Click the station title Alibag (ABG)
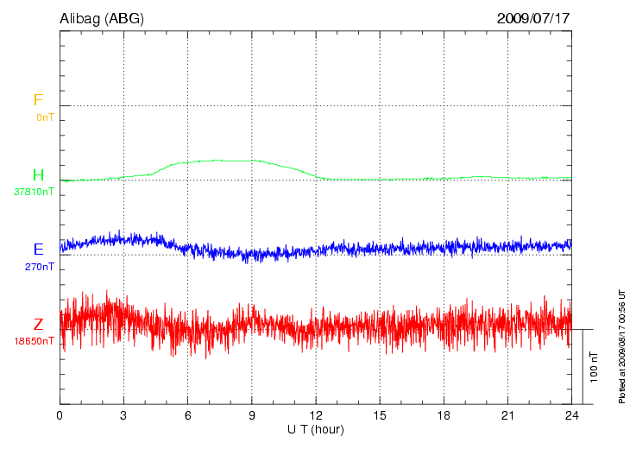pos(102,17)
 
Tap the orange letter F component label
pos(38,100)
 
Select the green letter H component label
pos(38,175)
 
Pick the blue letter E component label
pos(38,250)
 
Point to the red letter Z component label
pos(38,325)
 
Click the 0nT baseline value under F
pos(44,117)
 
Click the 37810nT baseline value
pos(34,192)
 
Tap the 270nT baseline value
pos(39,267)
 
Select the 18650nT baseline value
pos(34,341)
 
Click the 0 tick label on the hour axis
pos(60,415)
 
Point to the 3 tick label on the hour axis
pos(123,415)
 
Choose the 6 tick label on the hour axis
pos(188,415)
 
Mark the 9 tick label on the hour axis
pos(252,415)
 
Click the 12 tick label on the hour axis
pos(316,415)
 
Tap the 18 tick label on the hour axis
pos(444,415)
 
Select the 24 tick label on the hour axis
pos(571,415)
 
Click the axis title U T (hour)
pos(316,429)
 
